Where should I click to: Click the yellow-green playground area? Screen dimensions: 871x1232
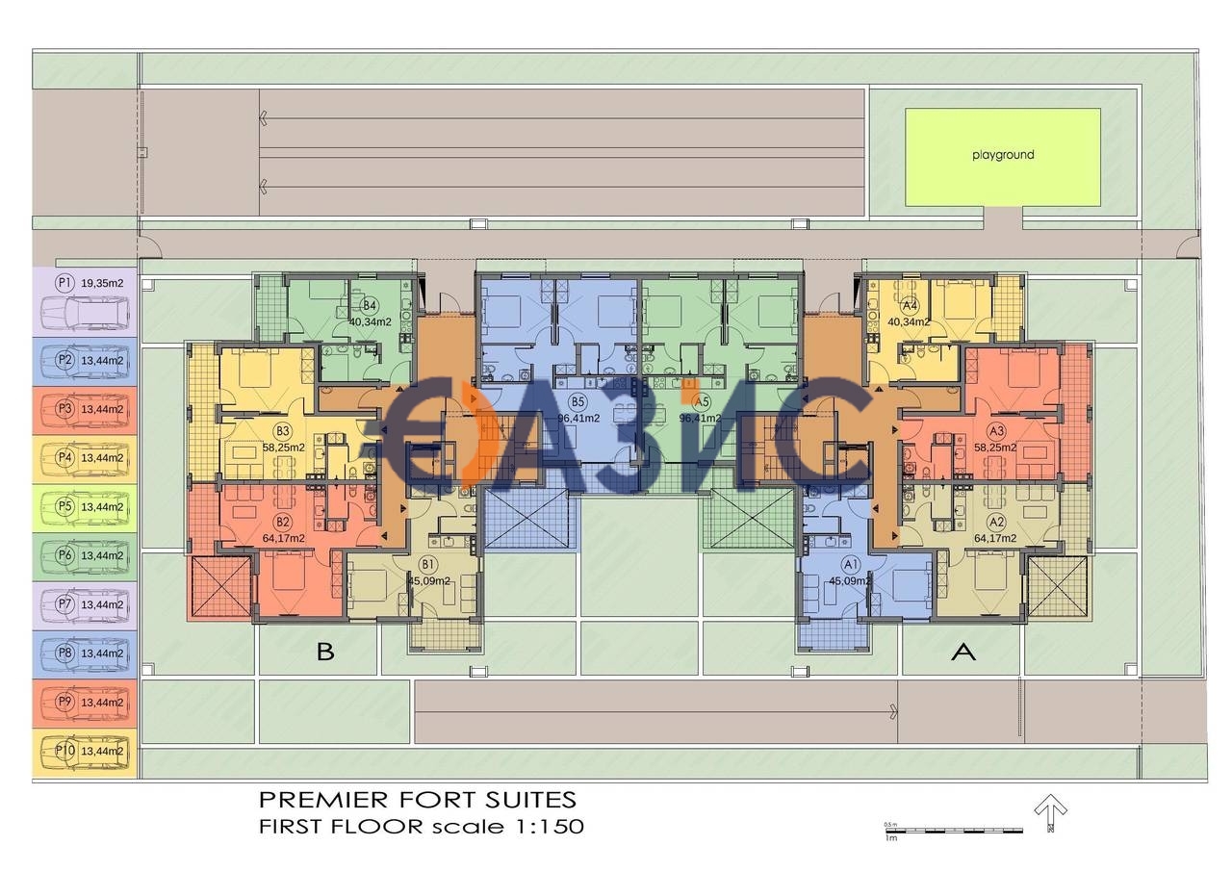tap(1002, 156)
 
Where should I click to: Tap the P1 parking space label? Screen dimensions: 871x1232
tap(64, 283)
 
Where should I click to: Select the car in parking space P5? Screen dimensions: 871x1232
tap(85, 508)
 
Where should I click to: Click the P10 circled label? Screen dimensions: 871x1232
tap(64, 751)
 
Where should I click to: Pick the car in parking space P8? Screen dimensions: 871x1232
tap(85, 655)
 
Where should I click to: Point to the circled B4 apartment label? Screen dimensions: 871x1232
tap(370, 306)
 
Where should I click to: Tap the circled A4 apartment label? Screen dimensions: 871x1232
tap(909, 306)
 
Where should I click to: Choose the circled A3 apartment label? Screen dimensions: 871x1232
tap(996, 431)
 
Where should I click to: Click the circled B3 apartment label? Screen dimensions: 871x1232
tap(282, 431)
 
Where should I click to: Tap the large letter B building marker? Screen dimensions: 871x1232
tap(325, 653)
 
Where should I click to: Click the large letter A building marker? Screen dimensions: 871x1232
tap(962, 653)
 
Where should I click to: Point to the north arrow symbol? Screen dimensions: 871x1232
tap(1050, 810)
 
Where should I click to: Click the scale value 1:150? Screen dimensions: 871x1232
tap(548, 826)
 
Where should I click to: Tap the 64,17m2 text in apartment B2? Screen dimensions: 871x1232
tap(283, 538)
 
